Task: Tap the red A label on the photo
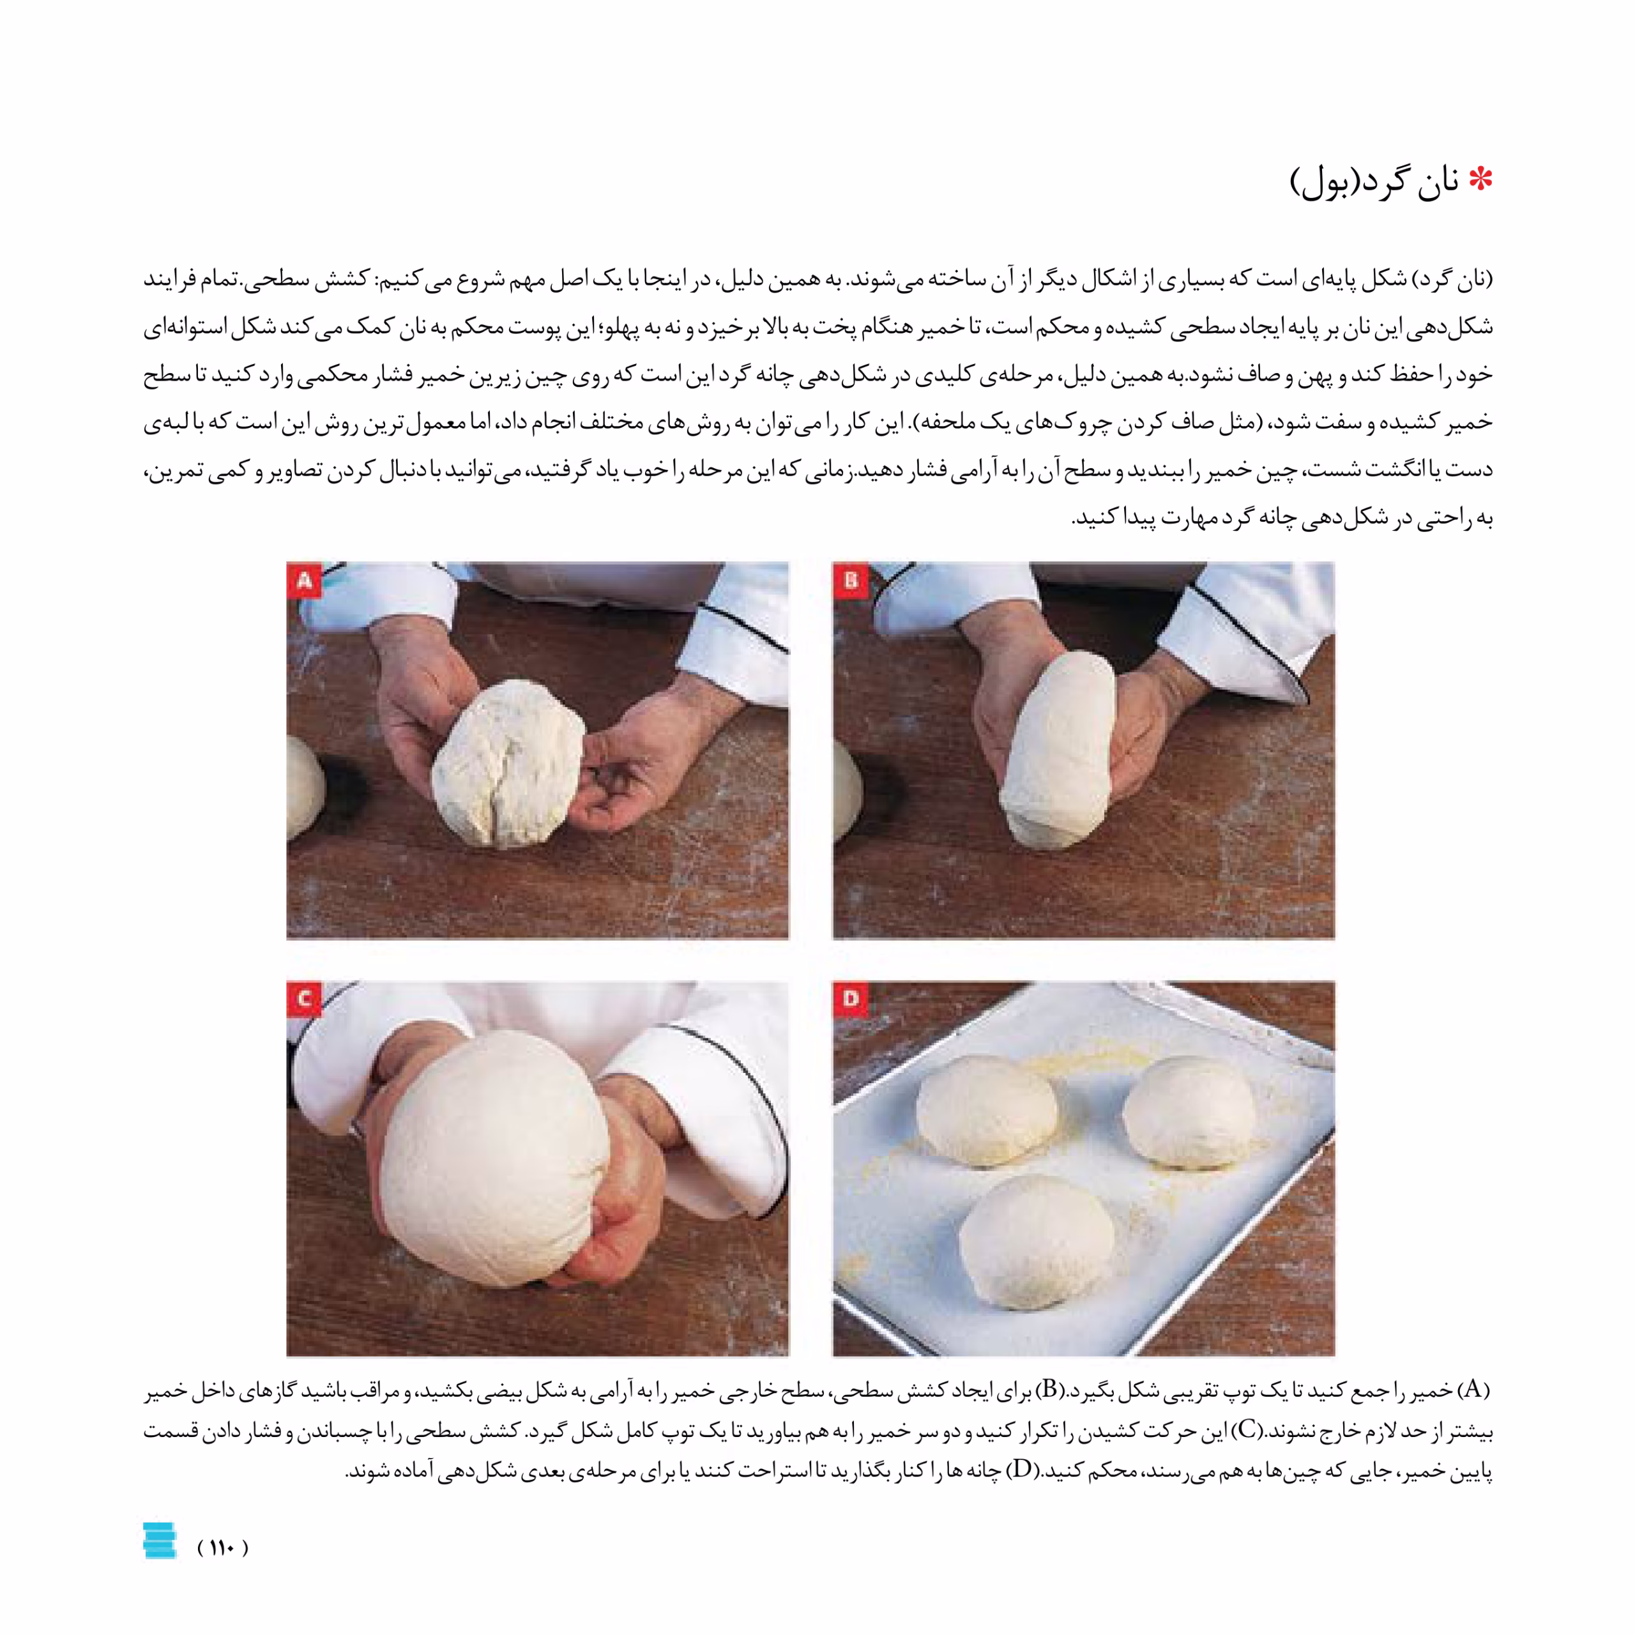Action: (x=304, y=580)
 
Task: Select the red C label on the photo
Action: (x=304, y=999)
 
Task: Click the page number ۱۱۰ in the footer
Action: (x=222, y=1547)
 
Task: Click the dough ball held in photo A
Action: (x=508, y=763)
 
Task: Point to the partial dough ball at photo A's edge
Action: (x=305, y=787)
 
